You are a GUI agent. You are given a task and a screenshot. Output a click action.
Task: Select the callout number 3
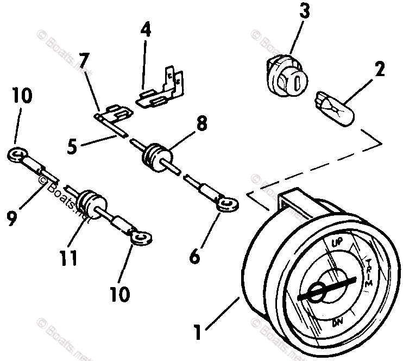point(305,12)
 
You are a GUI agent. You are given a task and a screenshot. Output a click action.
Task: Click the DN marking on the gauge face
point(337,325)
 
